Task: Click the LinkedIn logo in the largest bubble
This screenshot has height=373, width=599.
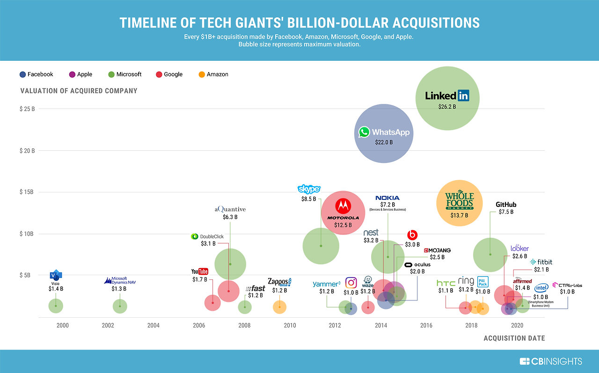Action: point(447,96)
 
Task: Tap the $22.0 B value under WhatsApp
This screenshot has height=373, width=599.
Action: point(384,142)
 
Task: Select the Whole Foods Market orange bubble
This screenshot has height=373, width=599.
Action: point(459,202)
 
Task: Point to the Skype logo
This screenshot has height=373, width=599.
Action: point(309,189)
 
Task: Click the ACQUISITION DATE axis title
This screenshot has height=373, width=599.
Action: point(514,338)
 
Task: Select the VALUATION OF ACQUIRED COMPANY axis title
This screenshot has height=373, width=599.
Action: point(79,91)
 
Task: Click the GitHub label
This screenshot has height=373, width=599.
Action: point(506,205)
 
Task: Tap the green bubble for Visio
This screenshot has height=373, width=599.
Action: point(56,306)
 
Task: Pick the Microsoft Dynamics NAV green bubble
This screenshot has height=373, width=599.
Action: point(120,306)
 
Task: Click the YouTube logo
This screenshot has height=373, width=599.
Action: point(199,271)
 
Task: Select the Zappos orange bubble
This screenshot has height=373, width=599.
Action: point(279,307)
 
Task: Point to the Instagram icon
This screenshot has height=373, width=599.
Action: point(351,283)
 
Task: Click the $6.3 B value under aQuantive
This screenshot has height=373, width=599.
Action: point(230,217)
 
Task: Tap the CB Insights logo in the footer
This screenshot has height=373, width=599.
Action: point(551,361)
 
